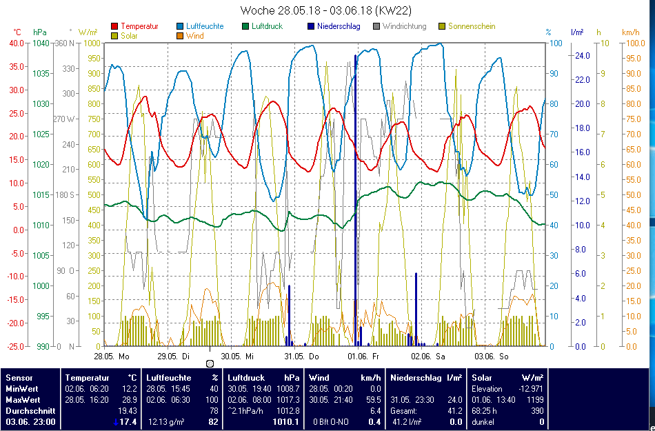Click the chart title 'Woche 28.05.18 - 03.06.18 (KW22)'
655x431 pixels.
click(x=326, y=11)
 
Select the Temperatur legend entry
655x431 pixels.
click(x=139, y=26)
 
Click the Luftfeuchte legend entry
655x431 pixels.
click(x=205, y=26)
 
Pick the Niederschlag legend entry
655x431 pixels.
click(x=336, y=26)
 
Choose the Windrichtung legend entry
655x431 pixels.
click(x=404, y=26)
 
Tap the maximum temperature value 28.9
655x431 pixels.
click(x=129, y=399)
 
